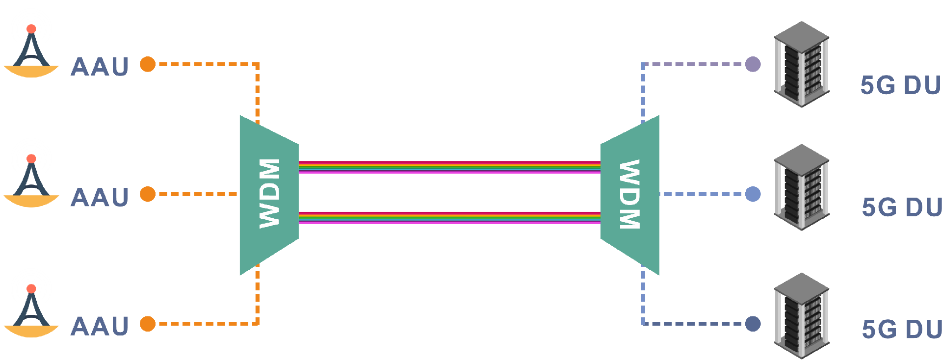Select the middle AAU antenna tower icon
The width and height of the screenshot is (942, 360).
[31, 182]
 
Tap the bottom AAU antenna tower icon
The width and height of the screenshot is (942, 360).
[31, 312]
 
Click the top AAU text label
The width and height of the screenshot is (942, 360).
[100, 67]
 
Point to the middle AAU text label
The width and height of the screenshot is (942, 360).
[100, 197]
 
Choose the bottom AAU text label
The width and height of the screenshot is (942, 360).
[100, 326]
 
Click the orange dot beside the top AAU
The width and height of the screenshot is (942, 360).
[148, 64]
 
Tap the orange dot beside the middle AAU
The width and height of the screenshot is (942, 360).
[148, 194]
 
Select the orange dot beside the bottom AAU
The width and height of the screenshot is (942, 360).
[148, 324]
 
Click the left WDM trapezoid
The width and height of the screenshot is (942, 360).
[269, 195]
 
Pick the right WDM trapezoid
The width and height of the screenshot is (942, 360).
[630, 195]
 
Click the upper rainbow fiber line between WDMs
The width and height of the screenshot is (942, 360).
[449, 167]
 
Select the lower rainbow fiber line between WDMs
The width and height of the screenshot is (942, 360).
[449, 218]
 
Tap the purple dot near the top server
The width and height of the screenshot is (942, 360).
[753, 64]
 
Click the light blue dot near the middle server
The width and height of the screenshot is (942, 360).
[753, 194]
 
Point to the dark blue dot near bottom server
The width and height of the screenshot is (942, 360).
[753, 324]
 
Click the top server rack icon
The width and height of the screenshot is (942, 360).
[802, 64]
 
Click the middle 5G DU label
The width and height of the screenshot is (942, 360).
[902, 207]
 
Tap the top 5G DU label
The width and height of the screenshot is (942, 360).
[901, 85]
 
